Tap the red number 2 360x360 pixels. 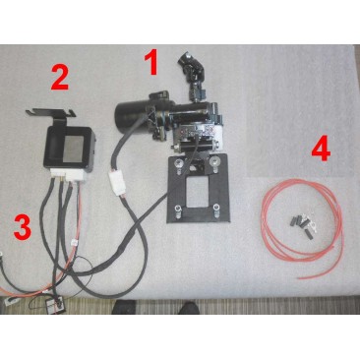(61, 74)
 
